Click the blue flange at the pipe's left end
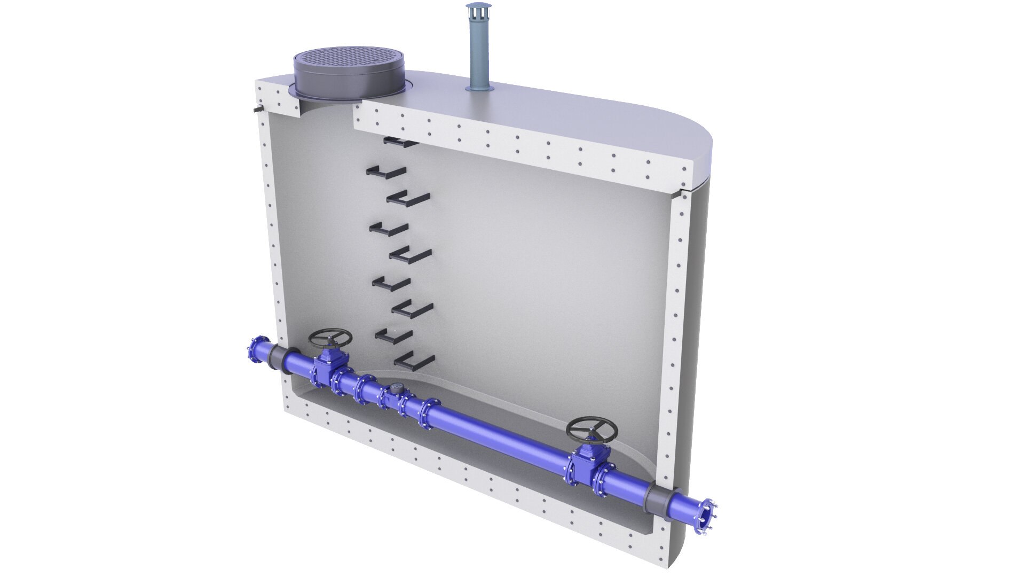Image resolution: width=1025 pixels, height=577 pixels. click(x=262, y=351)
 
